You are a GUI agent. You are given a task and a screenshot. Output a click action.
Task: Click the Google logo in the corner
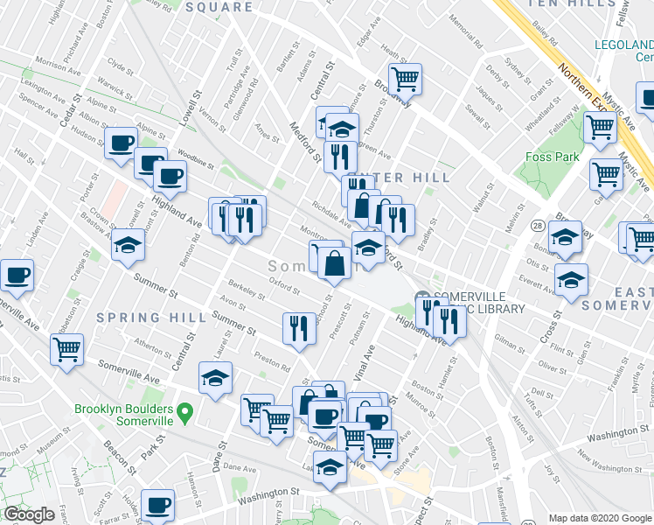point(29,514)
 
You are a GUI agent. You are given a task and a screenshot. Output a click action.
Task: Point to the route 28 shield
point(536,226)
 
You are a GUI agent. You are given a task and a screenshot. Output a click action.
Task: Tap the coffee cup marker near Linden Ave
point(17,276)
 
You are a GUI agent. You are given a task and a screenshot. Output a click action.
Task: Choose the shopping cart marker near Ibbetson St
point(66,350)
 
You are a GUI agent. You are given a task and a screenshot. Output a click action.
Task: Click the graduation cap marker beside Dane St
point(215,379)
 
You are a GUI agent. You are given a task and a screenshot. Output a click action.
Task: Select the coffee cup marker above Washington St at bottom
point(157,505)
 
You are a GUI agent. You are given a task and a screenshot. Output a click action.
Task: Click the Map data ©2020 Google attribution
point(601,518)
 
